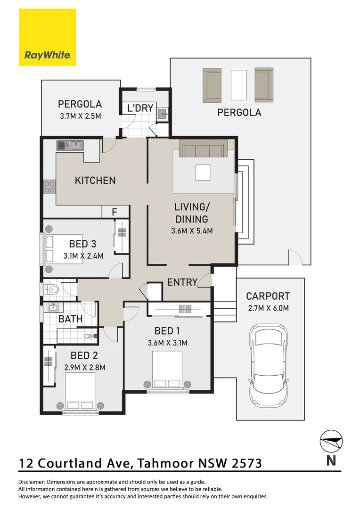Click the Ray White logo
tap(48, 37)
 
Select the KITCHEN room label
tap(95, 180)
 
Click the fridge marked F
tap(115, 212)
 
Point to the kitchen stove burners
tap(49, 187)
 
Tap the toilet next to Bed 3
tap(51, 288)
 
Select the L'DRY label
tap(140, 108)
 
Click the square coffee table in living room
tap(203, 172)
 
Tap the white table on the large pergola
tap(238, 85)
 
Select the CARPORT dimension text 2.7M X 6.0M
tap(268, 308)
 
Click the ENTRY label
tap(182, 282)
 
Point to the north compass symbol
tap(331, 441)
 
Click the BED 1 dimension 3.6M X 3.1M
tap(167, 343)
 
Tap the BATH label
tap(70, 319)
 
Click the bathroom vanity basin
tap(53, 307)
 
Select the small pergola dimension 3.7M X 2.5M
tap(81, 116)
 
